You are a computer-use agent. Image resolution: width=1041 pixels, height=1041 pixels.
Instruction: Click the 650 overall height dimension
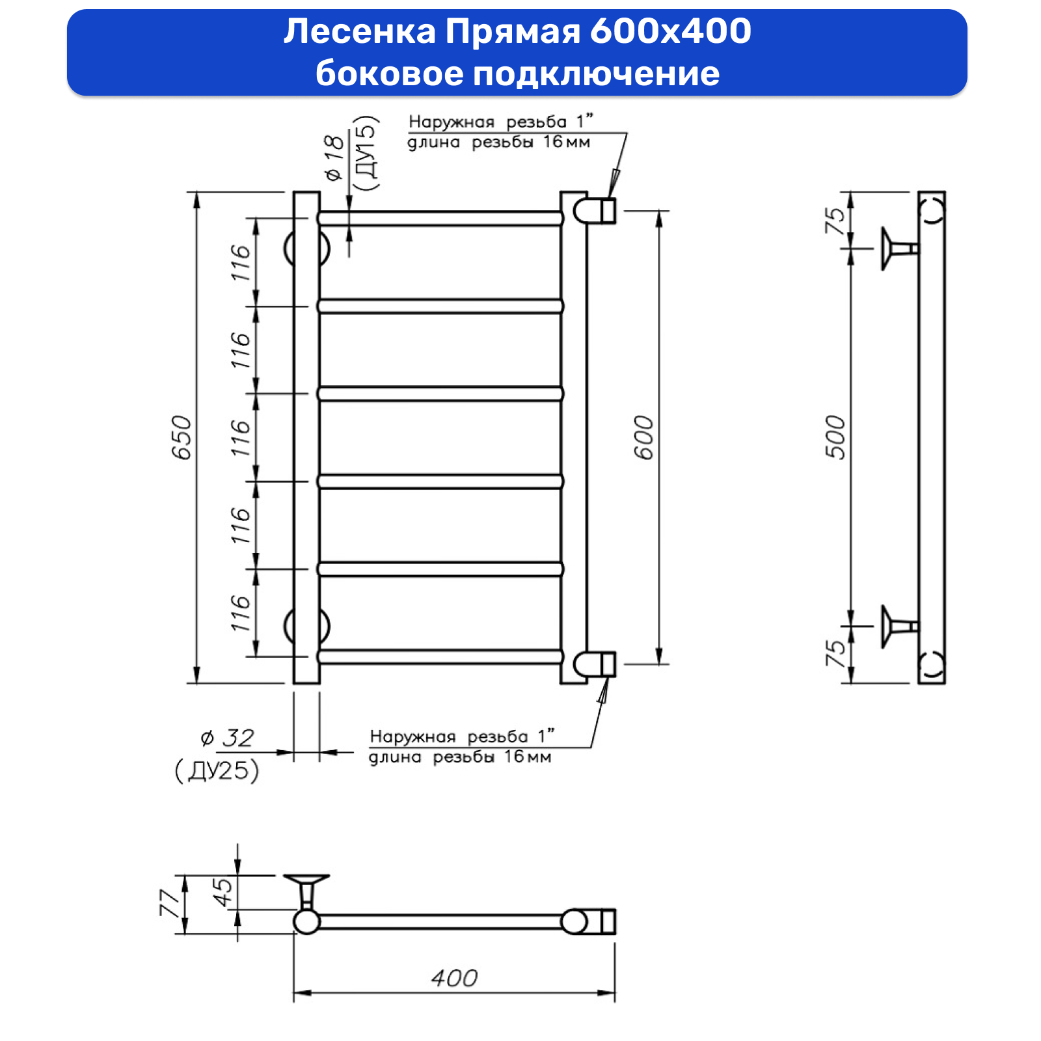click(182, 437)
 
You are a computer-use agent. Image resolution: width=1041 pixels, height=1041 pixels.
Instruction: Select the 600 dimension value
click(643, 437)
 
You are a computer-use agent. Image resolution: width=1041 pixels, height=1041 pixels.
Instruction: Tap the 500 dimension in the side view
click(835, 437)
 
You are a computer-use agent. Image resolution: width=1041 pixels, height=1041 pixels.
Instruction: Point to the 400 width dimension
click(454, 978)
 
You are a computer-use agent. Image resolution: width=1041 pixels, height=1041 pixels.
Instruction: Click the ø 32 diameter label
click(227, 738)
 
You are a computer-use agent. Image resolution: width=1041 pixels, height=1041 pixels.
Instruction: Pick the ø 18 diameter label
click(334, 157)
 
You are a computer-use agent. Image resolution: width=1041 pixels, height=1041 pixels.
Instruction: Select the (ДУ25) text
click(217, 770)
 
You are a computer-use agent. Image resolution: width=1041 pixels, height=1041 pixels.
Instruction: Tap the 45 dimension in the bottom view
click(223, 893)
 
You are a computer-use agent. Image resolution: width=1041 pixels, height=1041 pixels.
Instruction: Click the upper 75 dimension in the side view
click(835, 221)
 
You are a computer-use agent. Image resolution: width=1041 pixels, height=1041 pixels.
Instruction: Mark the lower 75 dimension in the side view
click(835, 653)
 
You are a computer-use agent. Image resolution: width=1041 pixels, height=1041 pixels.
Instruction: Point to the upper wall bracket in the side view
click(897, 249)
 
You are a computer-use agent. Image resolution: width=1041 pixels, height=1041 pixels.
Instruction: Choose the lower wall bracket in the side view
click(897, 626)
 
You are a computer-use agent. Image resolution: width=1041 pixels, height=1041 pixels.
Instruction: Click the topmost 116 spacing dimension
click(240, 262)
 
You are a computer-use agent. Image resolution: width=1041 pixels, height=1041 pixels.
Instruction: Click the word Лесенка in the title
click(359, 31)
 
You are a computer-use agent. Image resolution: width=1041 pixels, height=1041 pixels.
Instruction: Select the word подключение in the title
click(596, 73)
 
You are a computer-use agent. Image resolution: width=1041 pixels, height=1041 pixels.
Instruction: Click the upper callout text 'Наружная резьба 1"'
click(500, 122)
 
